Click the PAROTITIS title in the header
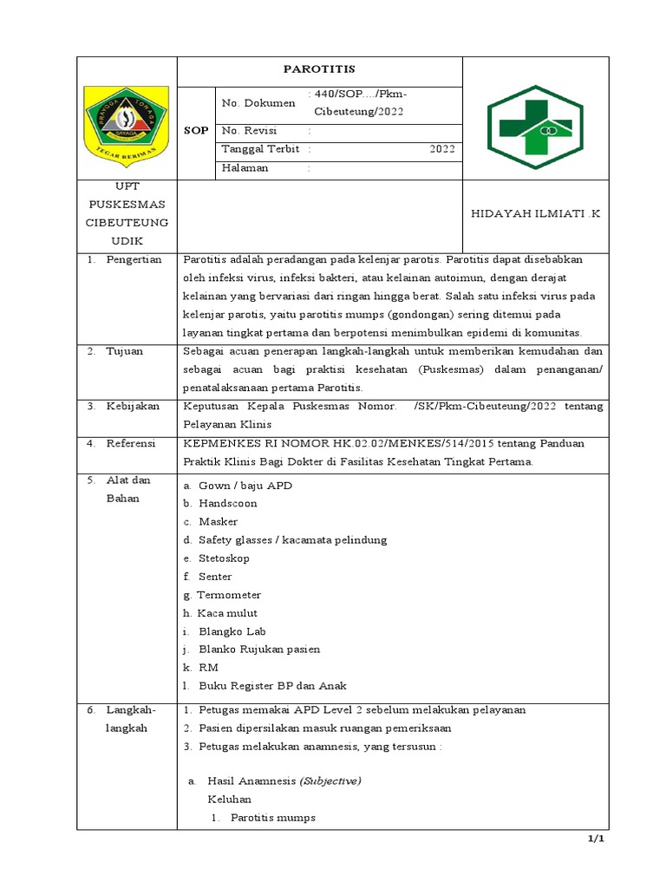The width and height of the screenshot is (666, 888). coord(320,69)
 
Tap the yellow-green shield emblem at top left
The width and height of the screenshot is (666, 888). coord(127,119)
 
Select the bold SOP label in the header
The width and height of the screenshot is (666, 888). coord(197,130)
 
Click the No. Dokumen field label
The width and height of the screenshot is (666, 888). coord(258,103)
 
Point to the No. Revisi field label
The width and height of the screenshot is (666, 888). coord(249,130)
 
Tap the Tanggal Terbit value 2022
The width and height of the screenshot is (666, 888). coord(441,149)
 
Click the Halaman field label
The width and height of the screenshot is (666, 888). coord(245,168)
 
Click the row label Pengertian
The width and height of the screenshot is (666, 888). coord(134,260)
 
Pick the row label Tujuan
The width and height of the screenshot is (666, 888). coord(126,351)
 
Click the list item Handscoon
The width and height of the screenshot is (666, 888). coord(222,504)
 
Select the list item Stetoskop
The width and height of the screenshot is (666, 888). coord(224,558)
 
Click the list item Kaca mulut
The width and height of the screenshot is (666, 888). coord(228,613)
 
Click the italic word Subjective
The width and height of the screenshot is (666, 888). coord(330,781)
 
